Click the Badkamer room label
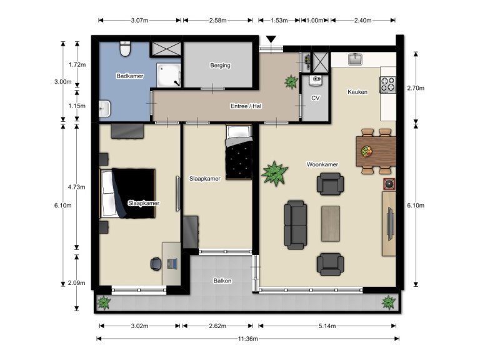[130, 76]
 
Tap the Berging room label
[220, 65]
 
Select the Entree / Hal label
[246, 106]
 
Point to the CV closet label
[315, 98]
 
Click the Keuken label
[357, 92]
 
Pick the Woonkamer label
[322, 164]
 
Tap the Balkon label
[222, 281]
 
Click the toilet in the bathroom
[124, 49]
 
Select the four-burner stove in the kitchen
[387, 84]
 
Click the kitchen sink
[356, 59]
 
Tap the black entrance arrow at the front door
[270, 40]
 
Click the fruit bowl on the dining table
[366, 151]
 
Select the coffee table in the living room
[331, 223]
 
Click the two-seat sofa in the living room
[296, 224]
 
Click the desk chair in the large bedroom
[155, 264]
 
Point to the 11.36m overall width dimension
[247, 339]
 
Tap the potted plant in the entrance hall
[291, 81]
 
